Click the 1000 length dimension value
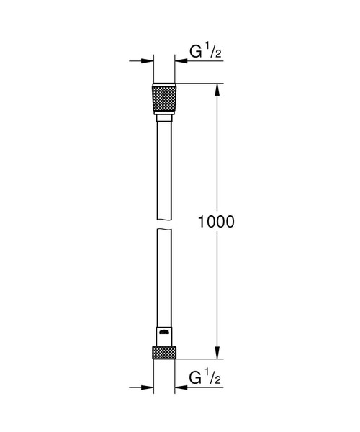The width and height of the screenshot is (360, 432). click(215, 222)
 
